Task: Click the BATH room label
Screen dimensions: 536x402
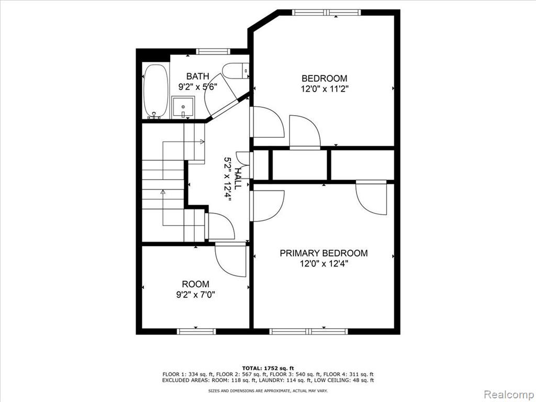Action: point(197,76)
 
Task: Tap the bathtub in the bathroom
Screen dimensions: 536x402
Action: point(156,91)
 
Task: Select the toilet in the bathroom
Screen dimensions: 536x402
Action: point(236,71)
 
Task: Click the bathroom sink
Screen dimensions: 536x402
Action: point(183,107)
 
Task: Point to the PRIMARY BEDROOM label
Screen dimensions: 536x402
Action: point(323,253)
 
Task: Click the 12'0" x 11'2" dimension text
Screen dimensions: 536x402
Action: point(325,89)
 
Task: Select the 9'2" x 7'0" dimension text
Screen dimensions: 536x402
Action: point(196,295)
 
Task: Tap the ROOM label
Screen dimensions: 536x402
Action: point(196,284)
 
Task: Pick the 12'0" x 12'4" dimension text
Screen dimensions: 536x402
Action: point(324,264)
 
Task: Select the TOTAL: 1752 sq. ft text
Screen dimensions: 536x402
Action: point(268,368)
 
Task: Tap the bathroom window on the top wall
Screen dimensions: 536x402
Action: point(212,51)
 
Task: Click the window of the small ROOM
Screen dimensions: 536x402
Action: point(196,331)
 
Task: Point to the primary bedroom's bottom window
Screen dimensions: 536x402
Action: point(309,331)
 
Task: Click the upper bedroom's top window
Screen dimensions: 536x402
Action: point(327,13)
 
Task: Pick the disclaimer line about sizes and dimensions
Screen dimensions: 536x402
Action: point(268,390)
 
